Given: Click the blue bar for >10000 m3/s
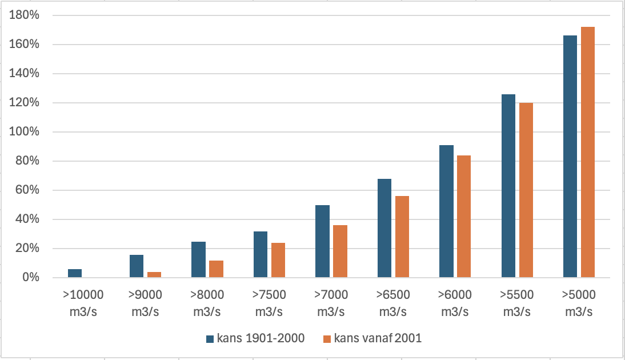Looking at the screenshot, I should pyautogui.click(x=75, y=273).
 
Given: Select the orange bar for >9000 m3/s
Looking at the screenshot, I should pyautogui.click(x=154, y=275).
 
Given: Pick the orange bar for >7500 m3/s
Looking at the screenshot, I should pyautogui.click(x=278, y=260).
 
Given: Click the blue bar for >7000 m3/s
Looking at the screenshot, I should pyautogui.click(x=322, y=241).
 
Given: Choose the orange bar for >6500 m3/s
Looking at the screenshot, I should pyautogui.click(x=402, y=237).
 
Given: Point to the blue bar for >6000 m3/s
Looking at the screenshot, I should pyautogui.click(x=446, y=211).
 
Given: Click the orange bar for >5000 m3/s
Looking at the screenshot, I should pyautogui.click(x=587, y=152).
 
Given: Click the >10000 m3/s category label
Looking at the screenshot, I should pyautogui.click(x=83, y=303).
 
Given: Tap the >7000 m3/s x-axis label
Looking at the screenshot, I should pyautogui.click(x=331, y=303).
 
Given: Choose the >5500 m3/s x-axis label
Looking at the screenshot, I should pyautogui.click(x=517, y=303).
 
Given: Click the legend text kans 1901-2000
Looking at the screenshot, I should pyautogui.click(x=261, y=338).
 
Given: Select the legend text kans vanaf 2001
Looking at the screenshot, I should pyautogui.click(x=378, y=338).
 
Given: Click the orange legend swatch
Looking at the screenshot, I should pyautogui.click(x=327, y=339).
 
